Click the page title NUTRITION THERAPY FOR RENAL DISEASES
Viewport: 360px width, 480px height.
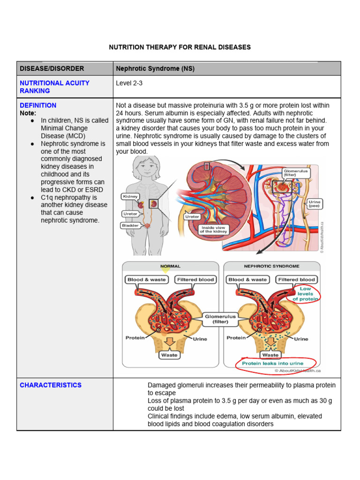tap(180, 47)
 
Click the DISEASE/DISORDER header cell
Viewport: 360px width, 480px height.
tap(52, 68)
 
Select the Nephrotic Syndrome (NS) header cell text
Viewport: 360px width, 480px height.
tap(155, 68)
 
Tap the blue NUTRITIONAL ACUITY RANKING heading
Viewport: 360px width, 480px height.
tap(54, 87)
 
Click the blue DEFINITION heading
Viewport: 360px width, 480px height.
tap(38, 105)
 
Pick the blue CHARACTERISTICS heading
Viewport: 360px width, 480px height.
tap(51, 385)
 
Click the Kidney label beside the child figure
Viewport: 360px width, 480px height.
tap(130, 197)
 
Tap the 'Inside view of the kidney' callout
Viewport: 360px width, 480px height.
tap(214, 230)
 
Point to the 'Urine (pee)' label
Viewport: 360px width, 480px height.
tap(314, 204)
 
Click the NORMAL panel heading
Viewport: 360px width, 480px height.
tap(170, 266)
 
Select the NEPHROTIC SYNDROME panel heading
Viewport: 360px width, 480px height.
tap(271, 266)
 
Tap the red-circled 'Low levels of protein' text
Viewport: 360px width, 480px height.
tap(305, 294)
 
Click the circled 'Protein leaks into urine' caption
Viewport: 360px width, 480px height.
tap(272, 363)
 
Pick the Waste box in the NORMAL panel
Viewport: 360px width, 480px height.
tap(169, 355)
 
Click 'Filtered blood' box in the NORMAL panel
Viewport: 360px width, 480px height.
tap(195, 280)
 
